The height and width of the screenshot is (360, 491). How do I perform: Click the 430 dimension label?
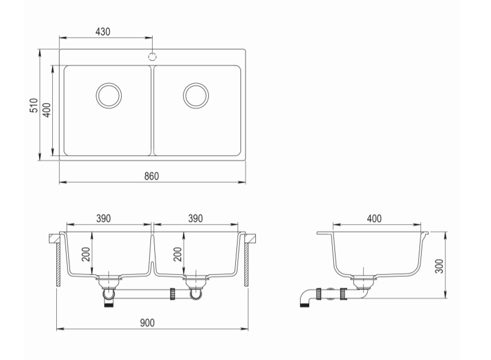click(103, 32)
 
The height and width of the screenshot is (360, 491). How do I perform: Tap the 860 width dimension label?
click(151, 176)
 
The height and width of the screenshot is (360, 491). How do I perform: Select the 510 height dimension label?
click(33, 105)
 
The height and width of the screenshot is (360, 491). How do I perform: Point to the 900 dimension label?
click(147, 322)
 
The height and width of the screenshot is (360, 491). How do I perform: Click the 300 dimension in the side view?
click(439, 266)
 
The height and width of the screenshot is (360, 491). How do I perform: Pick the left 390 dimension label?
click(103, 218)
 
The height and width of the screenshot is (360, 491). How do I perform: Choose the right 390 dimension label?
click(196, 218)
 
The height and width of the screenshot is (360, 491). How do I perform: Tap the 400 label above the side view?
click(374, 218)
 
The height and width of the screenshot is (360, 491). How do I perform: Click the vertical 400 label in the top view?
click(46, 110)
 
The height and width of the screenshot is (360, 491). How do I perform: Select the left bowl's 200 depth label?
click(86, 254)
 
